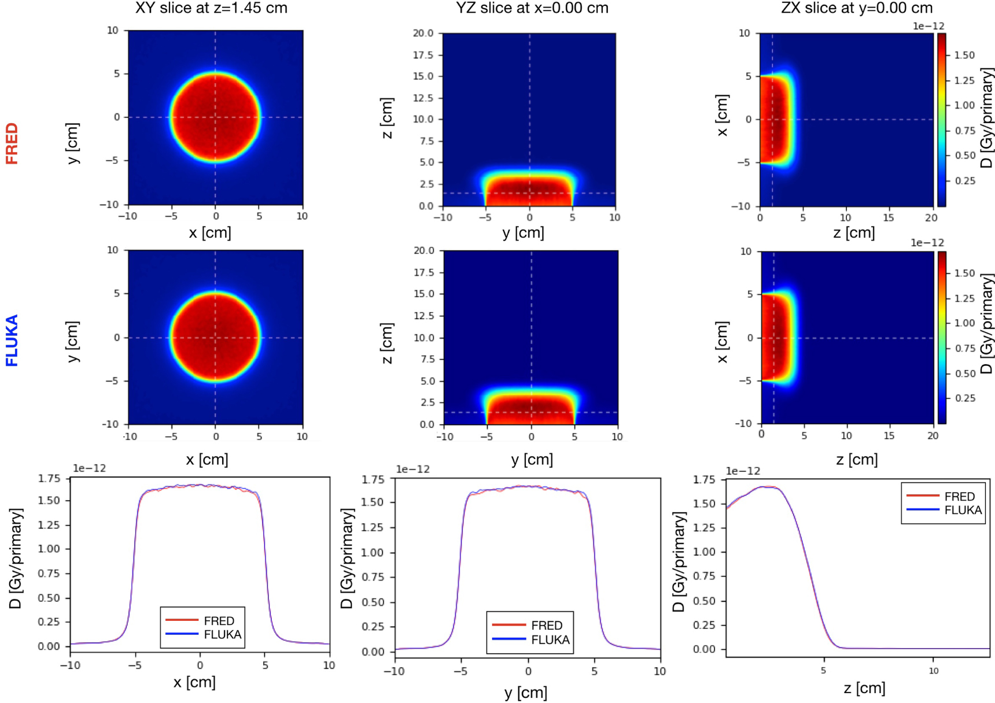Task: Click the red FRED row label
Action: pos(12,144)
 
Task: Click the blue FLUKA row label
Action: pos(12,341)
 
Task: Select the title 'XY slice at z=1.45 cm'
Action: pos(211,8)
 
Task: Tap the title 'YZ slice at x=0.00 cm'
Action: pos(532,8)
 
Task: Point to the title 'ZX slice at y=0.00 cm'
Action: pos(857,8)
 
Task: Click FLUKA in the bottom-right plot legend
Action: pos(963,510)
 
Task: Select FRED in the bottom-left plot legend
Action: pos(219,620)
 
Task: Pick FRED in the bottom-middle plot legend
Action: pos(546,626)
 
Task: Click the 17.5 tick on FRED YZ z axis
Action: pos(423,55)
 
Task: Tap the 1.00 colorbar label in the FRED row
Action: pos(964,105)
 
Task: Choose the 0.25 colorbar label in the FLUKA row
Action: pos(964,398)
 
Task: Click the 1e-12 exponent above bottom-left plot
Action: pos(89,468)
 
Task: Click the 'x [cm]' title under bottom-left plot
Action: pos(194,682)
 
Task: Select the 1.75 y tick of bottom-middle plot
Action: pos(373,479)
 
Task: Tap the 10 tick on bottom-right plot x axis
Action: pos(933,671)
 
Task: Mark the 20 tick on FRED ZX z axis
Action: pos(931,218)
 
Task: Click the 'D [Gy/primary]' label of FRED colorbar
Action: pos(987,118)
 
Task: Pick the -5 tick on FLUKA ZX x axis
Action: pos(746,381)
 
